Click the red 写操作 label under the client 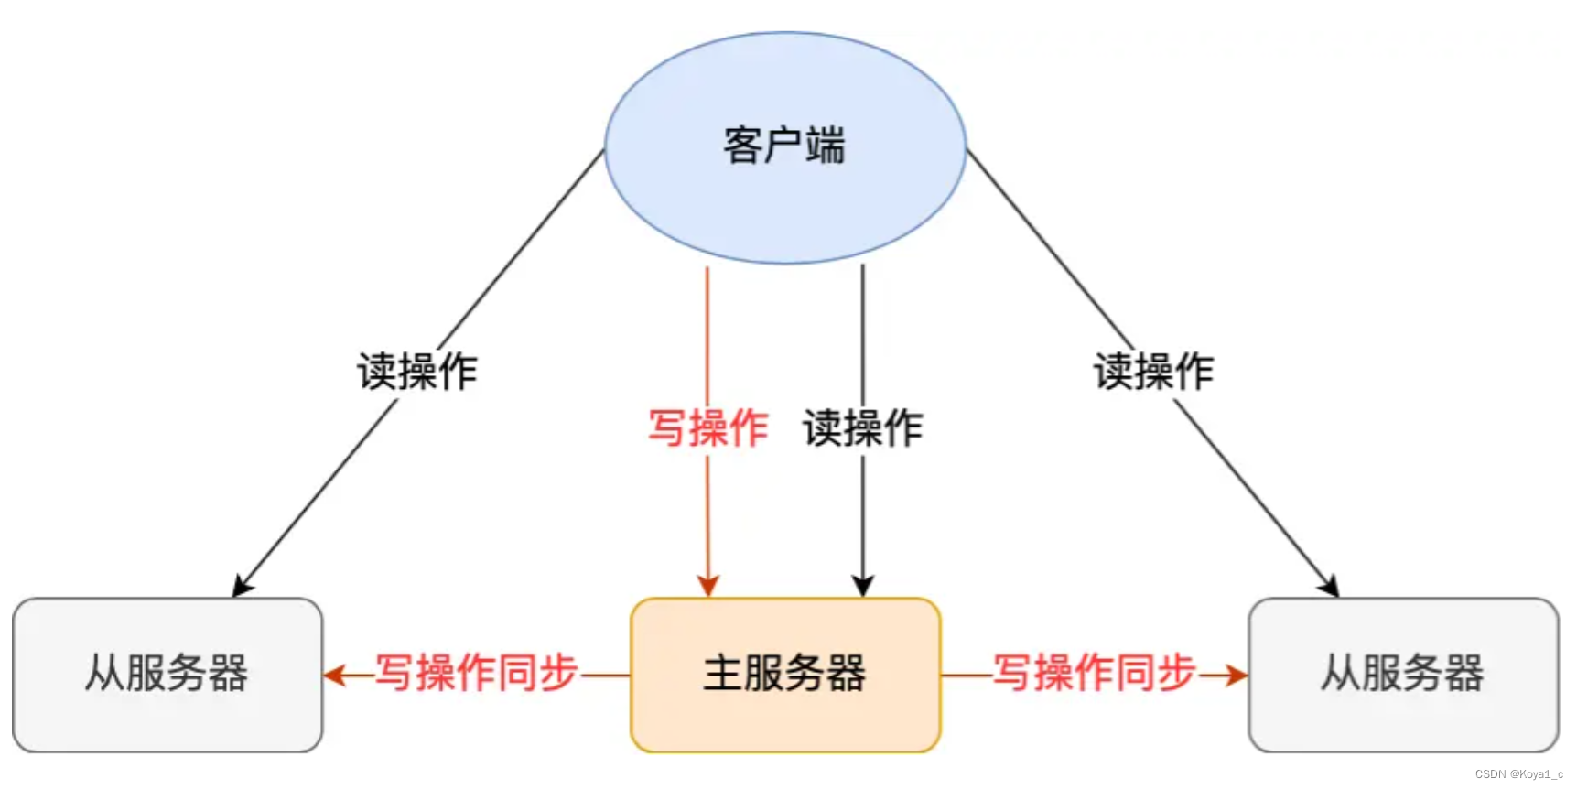coord(707,428)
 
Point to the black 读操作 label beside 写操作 coord(863,428)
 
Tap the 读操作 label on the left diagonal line coord(417,372)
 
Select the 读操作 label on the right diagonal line coord(1153,372)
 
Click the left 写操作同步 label coord(477,673)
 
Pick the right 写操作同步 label coord(1095,673)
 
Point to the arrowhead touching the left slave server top coord(242,586)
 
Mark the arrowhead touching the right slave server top coord(1329,586)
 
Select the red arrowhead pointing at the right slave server coord(1237,676)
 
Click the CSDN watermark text coord(1518,774)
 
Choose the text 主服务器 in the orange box coord(784,673)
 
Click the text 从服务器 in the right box coord(1402,673)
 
